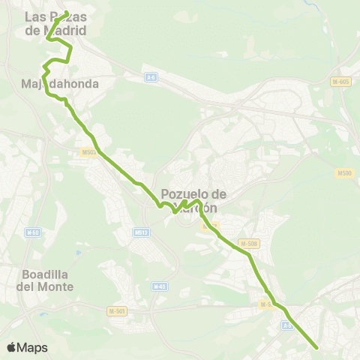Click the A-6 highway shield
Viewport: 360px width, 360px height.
click(151, 76)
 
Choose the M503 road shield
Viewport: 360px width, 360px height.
click(88, 152)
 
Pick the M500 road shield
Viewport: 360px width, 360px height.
click(344, 173)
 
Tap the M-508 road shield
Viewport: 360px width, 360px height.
click(249, 243)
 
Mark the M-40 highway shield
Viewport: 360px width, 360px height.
click(159, 286)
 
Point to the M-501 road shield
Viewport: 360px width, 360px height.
click(116, 310)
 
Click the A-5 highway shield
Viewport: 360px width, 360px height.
click(287, 325)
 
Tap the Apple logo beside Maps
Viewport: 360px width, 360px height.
click(12, 347)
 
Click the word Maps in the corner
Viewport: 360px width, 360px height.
click(32, 347)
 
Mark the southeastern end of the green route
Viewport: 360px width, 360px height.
click(318, 347)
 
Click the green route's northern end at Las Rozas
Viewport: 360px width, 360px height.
click(66, 12)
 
